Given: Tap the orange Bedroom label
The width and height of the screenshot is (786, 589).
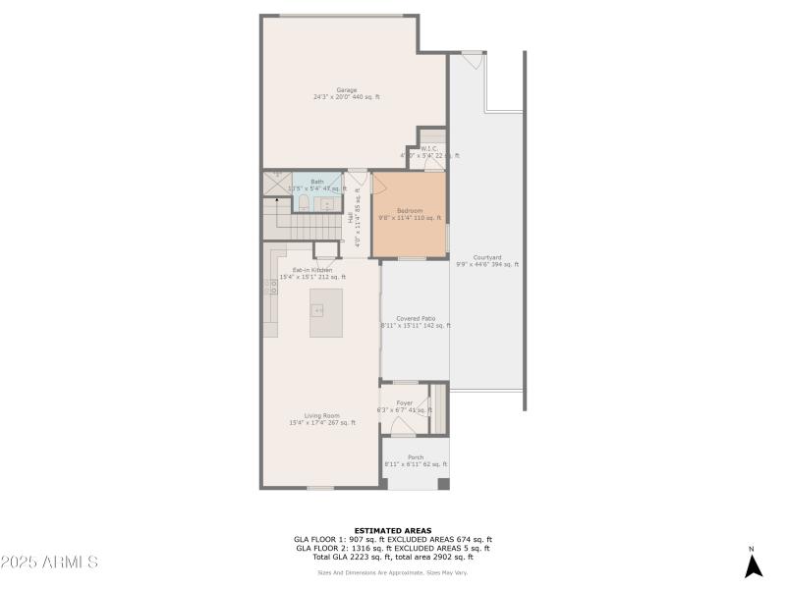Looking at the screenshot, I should [410, 211].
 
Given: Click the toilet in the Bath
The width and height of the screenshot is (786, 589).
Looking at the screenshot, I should [304, 202].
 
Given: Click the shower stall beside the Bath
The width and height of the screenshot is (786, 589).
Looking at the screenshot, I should [276, 183].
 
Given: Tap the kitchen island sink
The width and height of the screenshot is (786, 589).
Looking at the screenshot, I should [318, 310].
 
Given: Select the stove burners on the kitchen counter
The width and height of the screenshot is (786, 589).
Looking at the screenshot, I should [270, 286].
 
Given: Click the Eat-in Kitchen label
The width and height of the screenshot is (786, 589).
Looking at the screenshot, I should [312, 270].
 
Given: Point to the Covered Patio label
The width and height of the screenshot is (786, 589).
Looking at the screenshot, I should [416, 319].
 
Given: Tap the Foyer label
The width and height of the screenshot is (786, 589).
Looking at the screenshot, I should [404, 403].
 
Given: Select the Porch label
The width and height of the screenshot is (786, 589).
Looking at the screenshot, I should [416, 458].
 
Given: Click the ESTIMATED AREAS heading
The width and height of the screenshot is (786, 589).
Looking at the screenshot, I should [392, 530].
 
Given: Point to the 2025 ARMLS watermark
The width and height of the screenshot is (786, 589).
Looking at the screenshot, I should [49, 562].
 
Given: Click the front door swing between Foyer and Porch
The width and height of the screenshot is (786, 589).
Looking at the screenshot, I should [403, 427].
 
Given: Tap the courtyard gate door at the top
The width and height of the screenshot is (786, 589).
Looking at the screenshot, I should [473, 60].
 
